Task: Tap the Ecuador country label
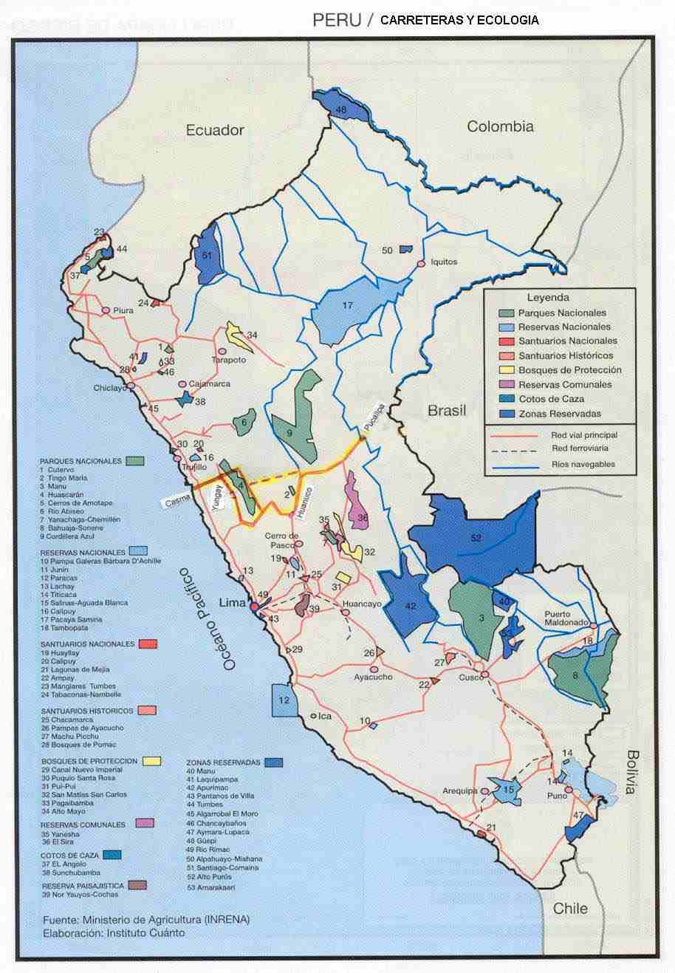[214, 130]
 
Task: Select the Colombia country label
[500, 126]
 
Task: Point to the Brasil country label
[448, 410]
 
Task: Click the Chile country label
[570, 908]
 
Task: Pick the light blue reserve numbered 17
[347, 307]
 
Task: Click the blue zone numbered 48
[340, 110]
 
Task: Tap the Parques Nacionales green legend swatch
[506, 313]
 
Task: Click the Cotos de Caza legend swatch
[506, 399]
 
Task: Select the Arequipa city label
[461, 791]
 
